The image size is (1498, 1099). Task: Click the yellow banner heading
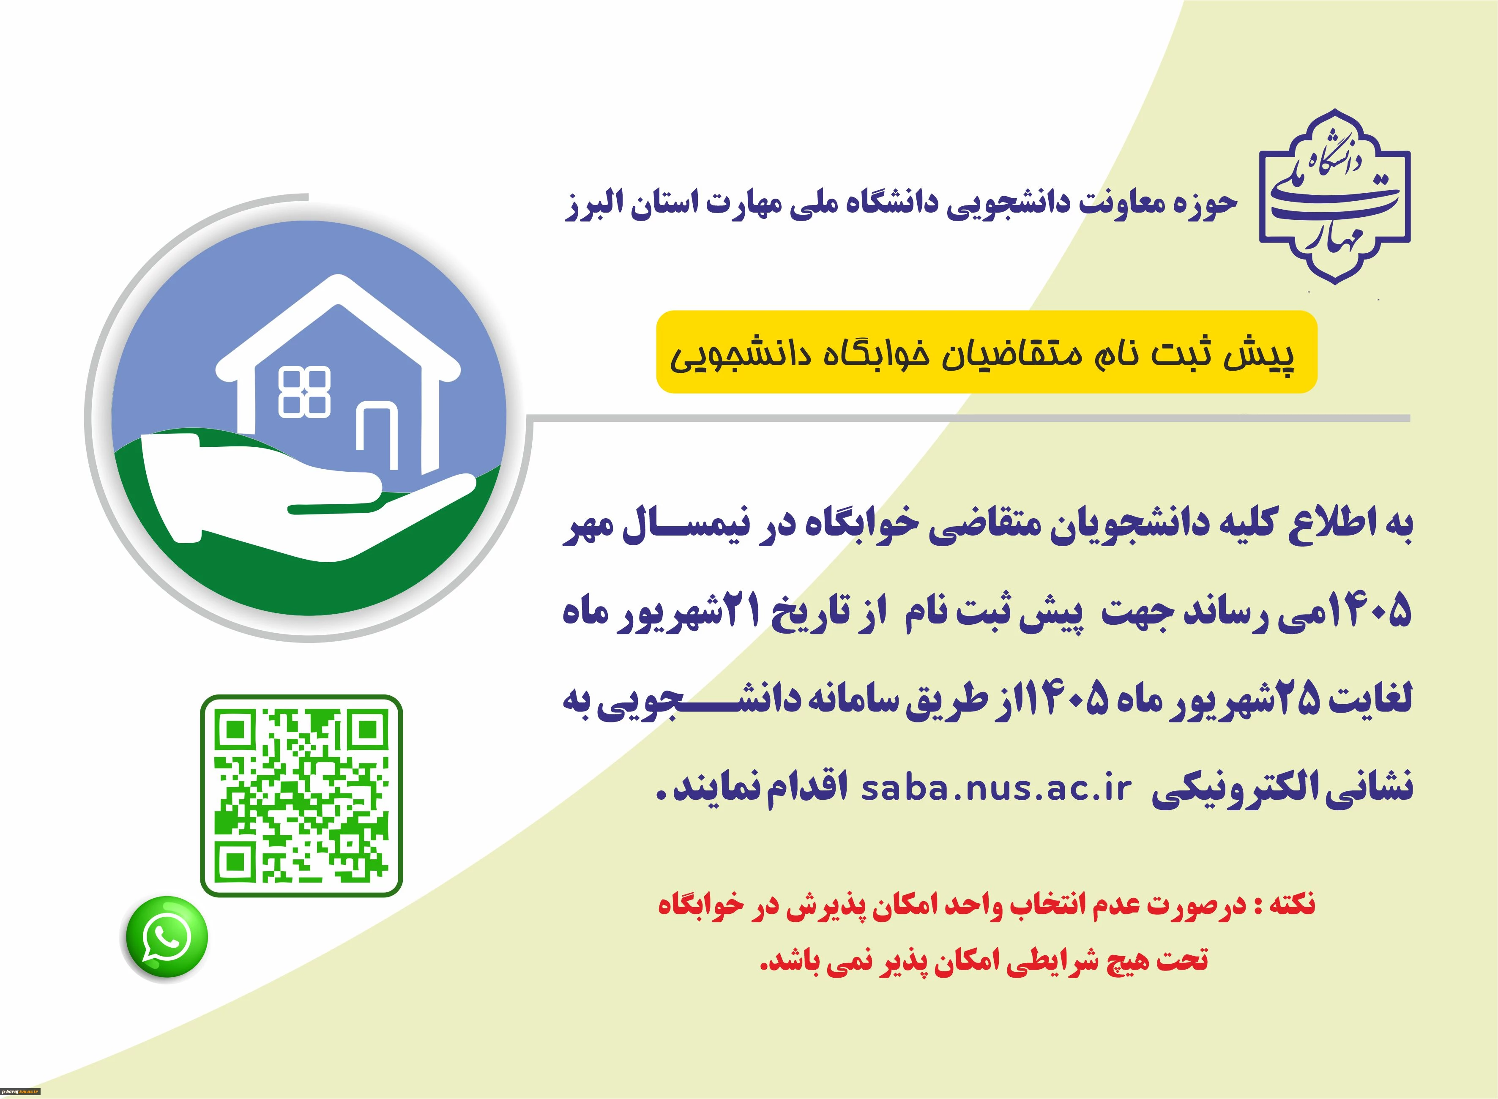pos(987,353)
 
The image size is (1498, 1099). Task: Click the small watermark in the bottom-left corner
pos(21,1092)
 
